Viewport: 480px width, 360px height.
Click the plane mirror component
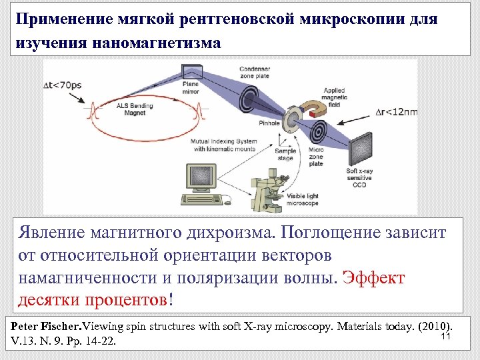coord(191,71)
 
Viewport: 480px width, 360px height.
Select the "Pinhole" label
coord(269,123)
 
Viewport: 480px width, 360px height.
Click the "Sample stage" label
coord(285,155)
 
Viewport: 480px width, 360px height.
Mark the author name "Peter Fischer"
coord(45,327)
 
